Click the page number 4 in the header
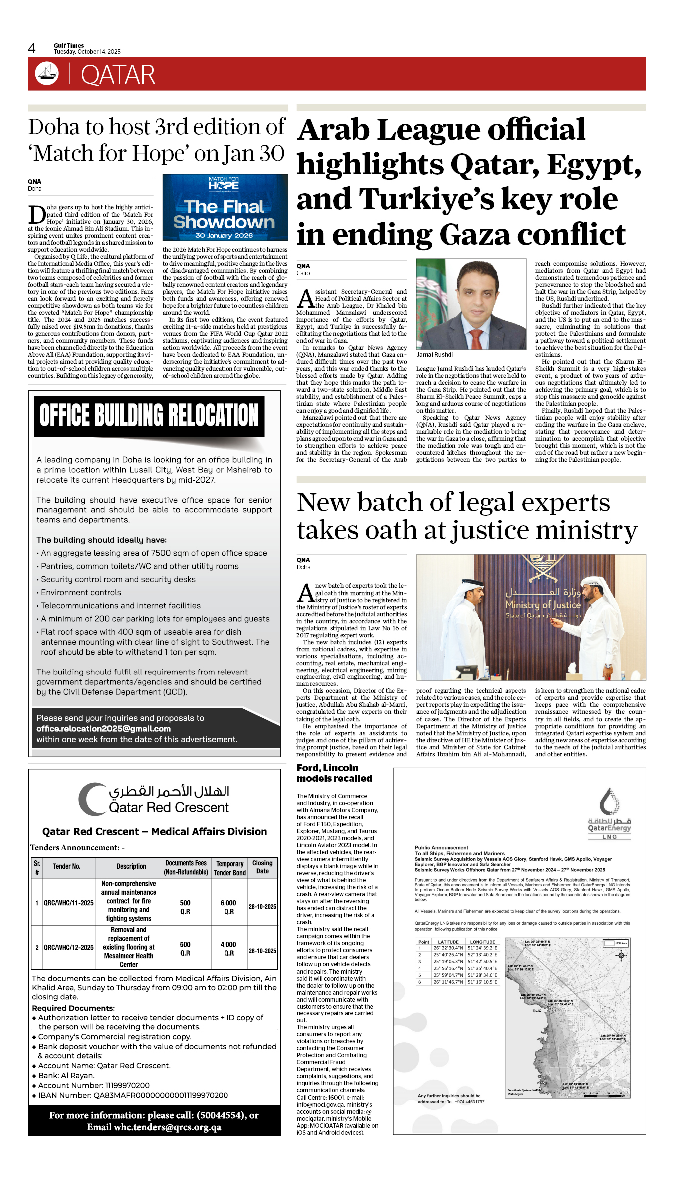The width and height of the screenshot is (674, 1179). (32, 48)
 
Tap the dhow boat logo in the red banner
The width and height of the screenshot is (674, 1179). (47, 73)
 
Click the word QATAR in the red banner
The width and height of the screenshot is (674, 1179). (118, 75)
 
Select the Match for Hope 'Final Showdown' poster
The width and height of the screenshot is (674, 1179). (225, 207)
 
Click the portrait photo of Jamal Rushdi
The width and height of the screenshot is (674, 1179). (471, 304)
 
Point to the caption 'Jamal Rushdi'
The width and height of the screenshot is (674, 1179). (435, 355)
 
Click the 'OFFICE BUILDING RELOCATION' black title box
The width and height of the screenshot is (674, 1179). (149, 416)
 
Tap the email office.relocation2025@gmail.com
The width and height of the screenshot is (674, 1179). (103, 729)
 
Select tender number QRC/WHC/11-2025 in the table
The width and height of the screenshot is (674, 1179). (69, 903)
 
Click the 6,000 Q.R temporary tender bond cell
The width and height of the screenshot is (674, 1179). (229, 907)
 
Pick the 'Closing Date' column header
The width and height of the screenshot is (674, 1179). (262, 867)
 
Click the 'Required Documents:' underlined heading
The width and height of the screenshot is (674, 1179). (73, 1008)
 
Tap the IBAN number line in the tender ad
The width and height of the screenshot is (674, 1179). (133, 1095)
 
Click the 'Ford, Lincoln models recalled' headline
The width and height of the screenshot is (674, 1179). (335, 773)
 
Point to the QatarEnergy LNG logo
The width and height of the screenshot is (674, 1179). (609, 813)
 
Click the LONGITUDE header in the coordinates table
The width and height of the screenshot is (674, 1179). (482, 942)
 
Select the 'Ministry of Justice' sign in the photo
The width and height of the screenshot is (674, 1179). (543, 605)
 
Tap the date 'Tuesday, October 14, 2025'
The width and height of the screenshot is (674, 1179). (87, 52)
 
